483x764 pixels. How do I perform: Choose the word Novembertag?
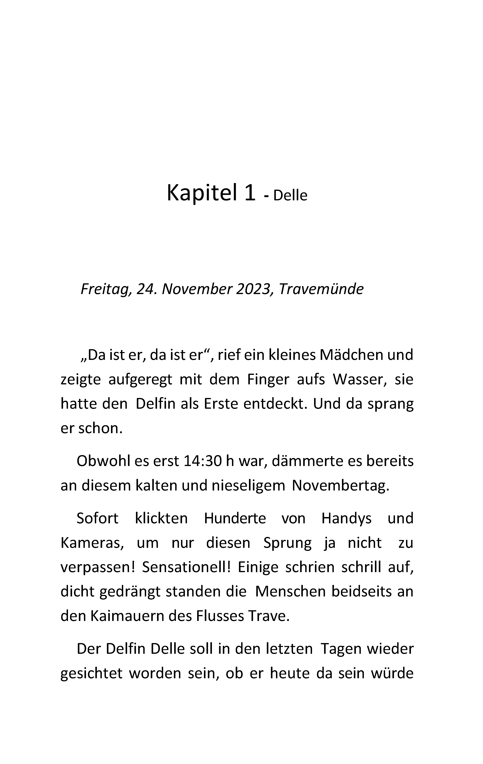(x=340, y=485)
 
